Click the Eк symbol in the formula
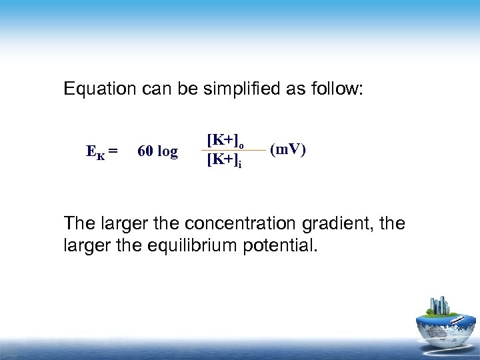pos(95,152)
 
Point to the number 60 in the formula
pos(145,152)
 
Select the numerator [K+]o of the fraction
pos(225,140)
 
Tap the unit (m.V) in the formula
pos(288,149)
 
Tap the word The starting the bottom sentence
pos(79,223)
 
